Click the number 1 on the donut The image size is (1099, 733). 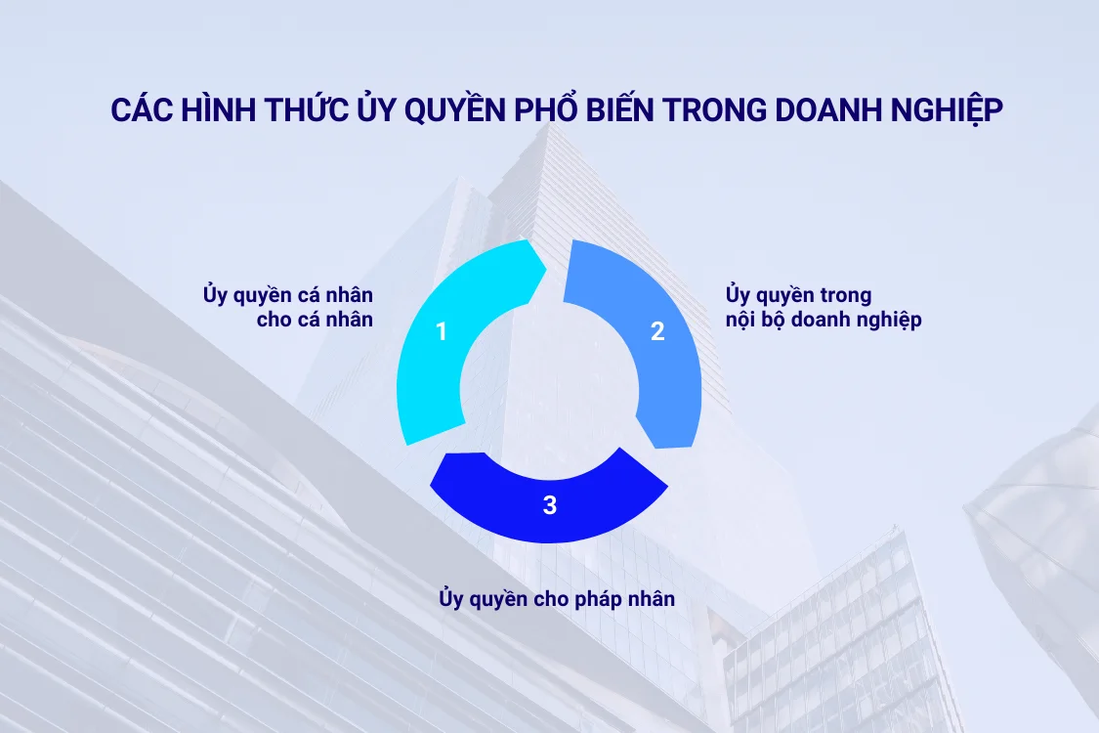tap(442, 332)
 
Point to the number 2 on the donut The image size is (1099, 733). tap(657, 331)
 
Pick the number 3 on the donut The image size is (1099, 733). tap(550, 505)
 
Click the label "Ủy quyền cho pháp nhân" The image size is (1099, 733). tap(557, 598)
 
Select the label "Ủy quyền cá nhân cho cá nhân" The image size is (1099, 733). tap(288, 307)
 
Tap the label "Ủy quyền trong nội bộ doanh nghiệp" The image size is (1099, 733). tap(824, 307)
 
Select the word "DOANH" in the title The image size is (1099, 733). tap(829, 110)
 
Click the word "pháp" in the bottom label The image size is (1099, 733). tap(597, 599)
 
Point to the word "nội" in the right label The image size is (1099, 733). tap(742, 320)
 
